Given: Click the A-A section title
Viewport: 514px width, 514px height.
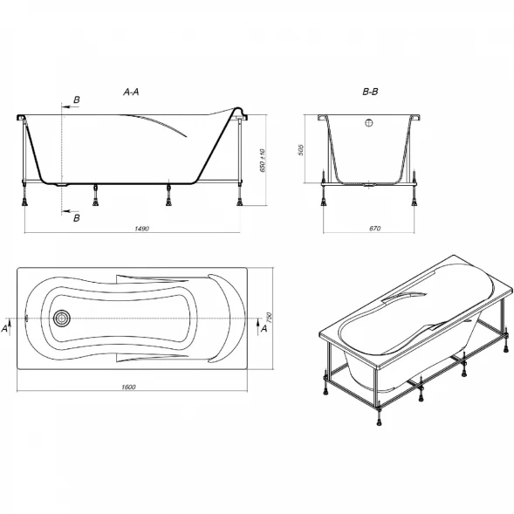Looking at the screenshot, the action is click(x=131, y=93).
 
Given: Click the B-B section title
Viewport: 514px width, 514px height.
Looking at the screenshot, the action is click(x=370, y=92).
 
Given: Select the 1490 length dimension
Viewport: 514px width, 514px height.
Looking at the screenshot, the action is click(x=142, y=229).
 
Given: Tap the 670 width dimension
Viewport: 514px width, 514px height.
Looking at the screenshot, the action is click(x=374, y=229).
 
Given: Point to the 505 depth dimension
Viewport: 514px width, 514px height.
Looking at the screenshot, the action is click(x=301, y=150).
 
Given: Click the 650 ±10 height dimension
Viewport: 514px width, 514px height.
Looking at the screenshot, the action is click(x=263, y=161).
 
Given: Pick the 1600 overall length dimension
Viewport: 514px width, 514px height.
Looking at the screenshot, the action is click(x=128, y=387).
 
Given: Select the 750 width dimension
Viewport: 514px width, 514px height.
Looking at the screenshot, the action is click(x=269, y=318).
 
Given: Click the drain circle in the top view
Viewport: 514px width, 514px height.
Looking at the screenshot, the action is click(x=62, y=319).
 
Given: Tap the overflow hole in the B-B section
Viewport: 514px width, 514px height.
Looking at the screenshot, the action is click(x=369, y=123).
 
